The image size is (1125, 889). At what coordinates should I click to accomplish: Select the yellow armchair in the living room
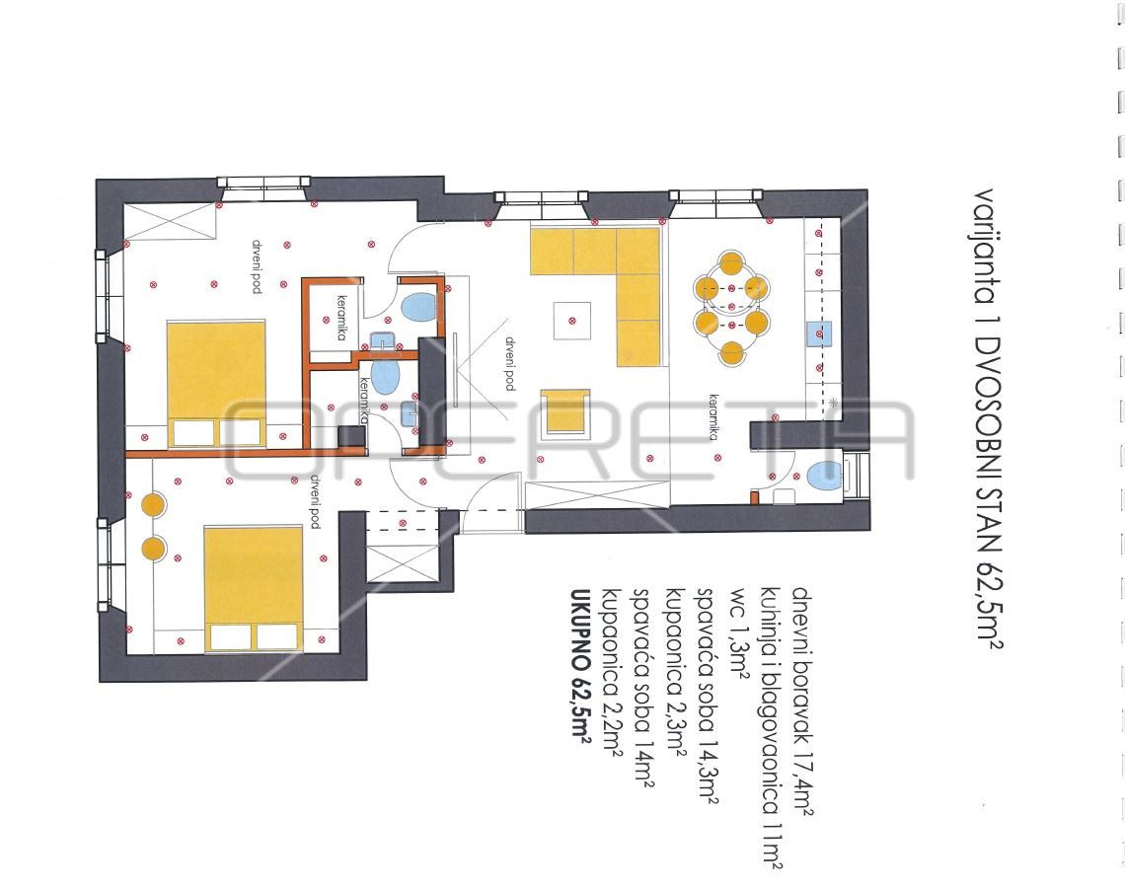(x=565, y=411)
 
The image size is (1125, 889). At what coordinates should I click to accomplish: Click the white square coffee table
(x=571, y=320)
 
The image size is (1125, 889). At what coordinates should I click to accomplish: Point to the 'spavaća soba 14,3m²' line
(x=706, y=696)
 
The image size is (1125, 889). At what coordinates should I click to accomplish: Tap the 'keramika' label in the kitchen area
(x=713, y=416)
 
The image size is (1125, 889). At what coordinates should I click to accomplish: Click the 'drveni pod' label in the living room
(x=509, y=363)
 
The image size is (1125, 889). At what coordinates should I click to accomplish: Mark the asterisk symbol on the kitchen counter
(x=832, y=404)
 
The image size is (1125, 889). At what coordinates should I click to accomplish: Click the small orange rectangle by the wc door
(x=754, y=496)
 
